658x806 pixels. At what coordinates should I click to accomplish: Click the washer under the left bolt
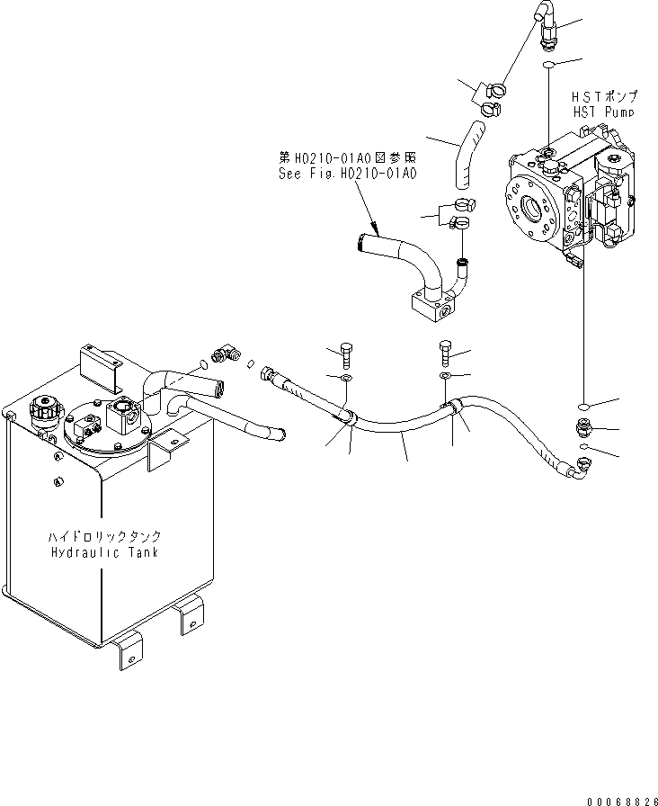click(x=347, y=377)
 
